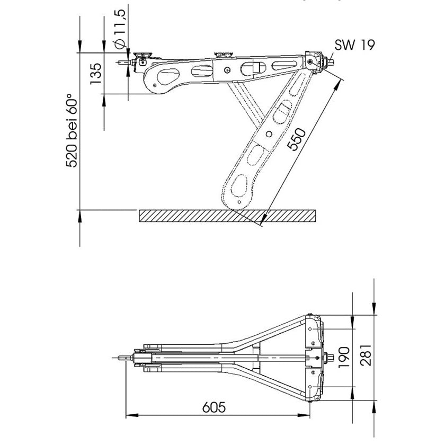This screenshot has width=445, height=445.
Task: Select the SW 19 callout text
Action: point(354,44)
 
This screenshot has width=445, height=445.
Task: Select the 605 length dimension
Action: point(213,407)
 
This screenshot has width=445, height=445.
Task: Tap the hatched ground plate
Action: point(228,216)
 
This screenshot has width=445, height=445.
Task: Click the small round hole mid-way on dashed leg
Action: point(269,133)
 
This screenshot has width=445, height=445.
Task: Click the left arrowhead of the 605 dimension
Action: point(128,415)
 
